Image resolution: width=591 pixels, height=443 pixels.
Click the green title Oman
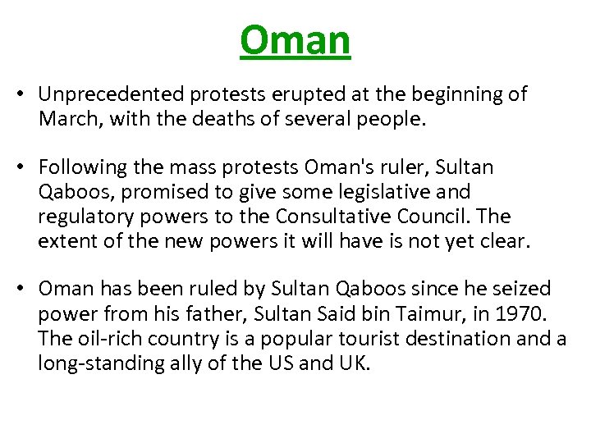tap(295, 40)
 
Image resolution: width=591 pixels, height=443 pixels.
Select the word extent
tap(65, 241)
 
